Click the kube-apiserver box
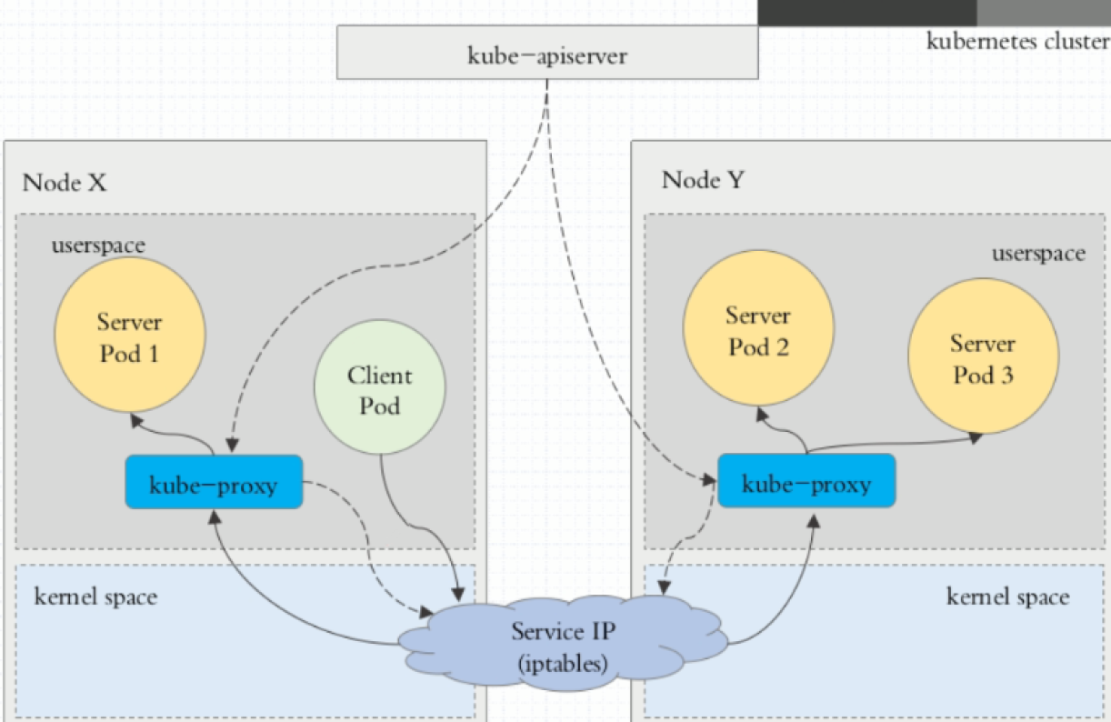pyautogui.click(x=547, y=53)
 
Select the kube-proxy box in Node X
pyautogui.click(x=214, y=482)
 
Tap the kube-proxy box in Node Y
pyautogui.click(x=806, y=482)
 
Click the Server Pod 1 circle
pyautogui.click(x=130, y=337)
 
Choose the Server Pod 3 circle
pyautogui.click(x=983, y=359)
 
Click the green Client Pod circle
pyautogui.click(x=380, y=390)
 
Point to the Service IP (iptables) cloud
pyautogui.click(x=560, y=645)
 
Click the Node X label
pyautogui.click(x=65, y=182)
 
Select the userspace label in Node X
pyautogui.click(x=98, y=246)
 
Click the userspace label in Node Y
pyautogui.click(x=1038, y=253)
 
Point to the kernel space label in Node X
pyautogui.click(x=95, y=597)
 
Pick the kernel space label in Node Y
pyautogui.click(x=1008, y=597)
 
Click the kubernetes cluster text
pyautogui.click(x=1017, y=41)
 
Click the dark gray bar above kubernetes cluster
pyautogui.click(x=866, y=12)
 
